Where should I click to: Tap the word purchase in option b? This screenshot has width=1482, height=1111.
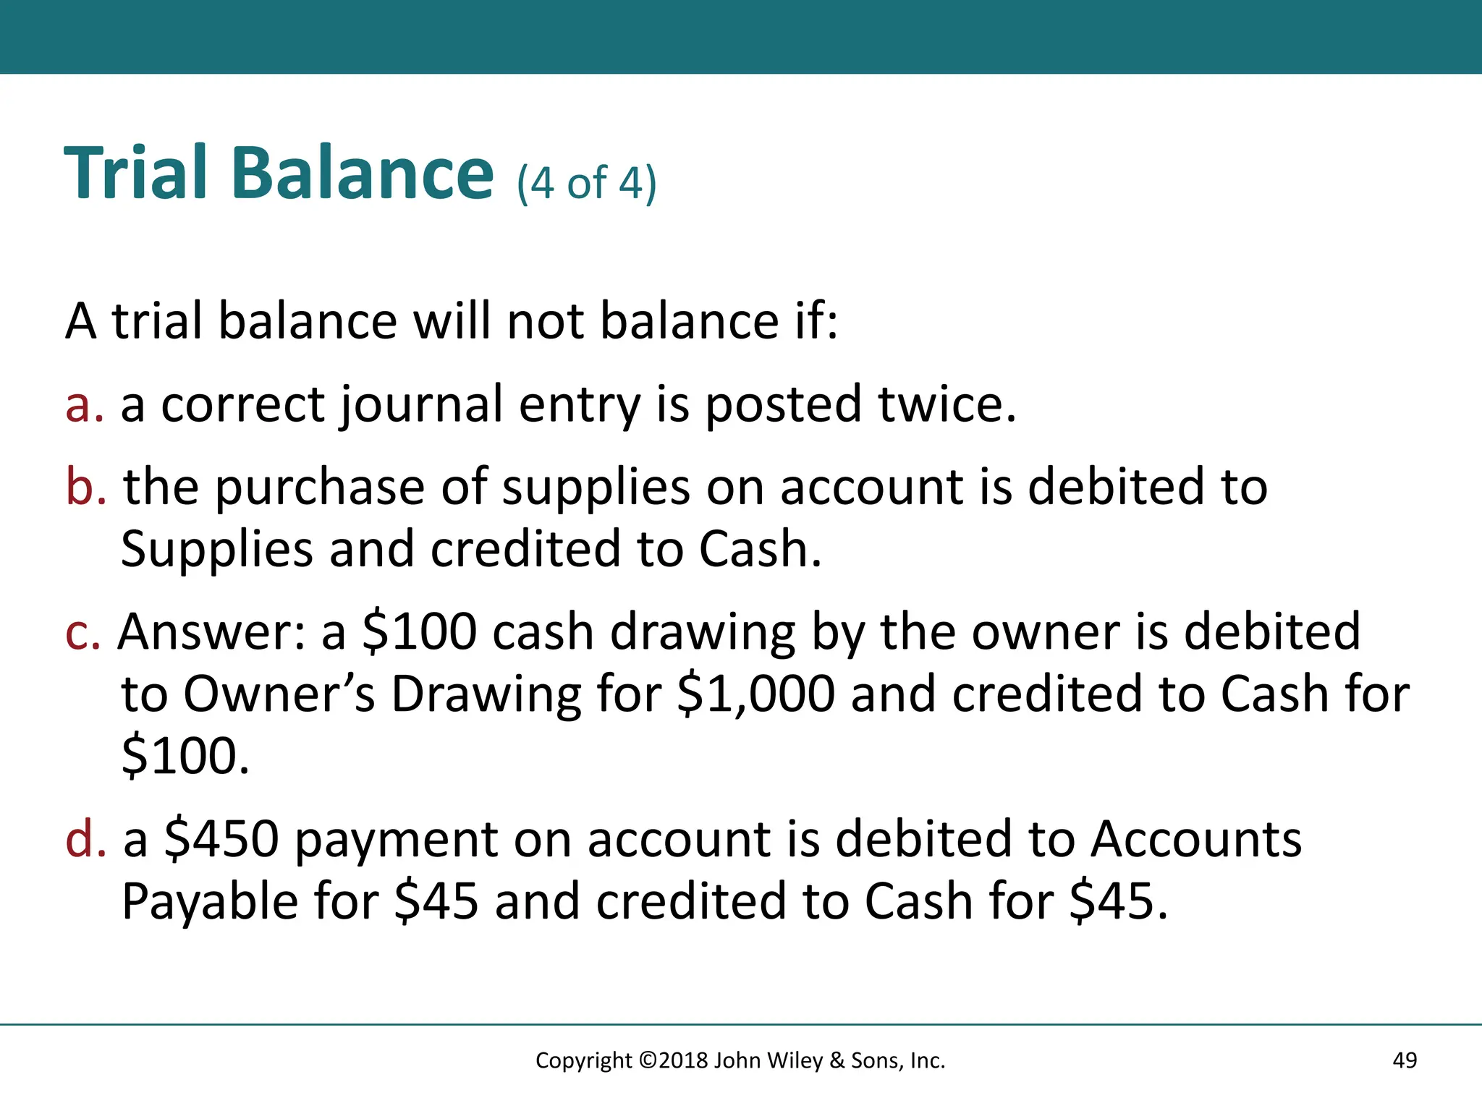coord(320,488)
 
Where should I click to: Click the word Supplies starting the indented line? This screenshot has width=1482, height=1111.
coord(216,550)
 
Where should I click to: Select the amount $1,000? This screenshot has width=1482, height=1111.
coord(755,694)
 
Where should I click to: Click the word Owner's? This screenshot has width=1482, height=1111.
coord(279,694)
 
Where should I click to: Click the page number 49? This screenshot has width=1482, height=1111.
coord(1405,1060)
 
